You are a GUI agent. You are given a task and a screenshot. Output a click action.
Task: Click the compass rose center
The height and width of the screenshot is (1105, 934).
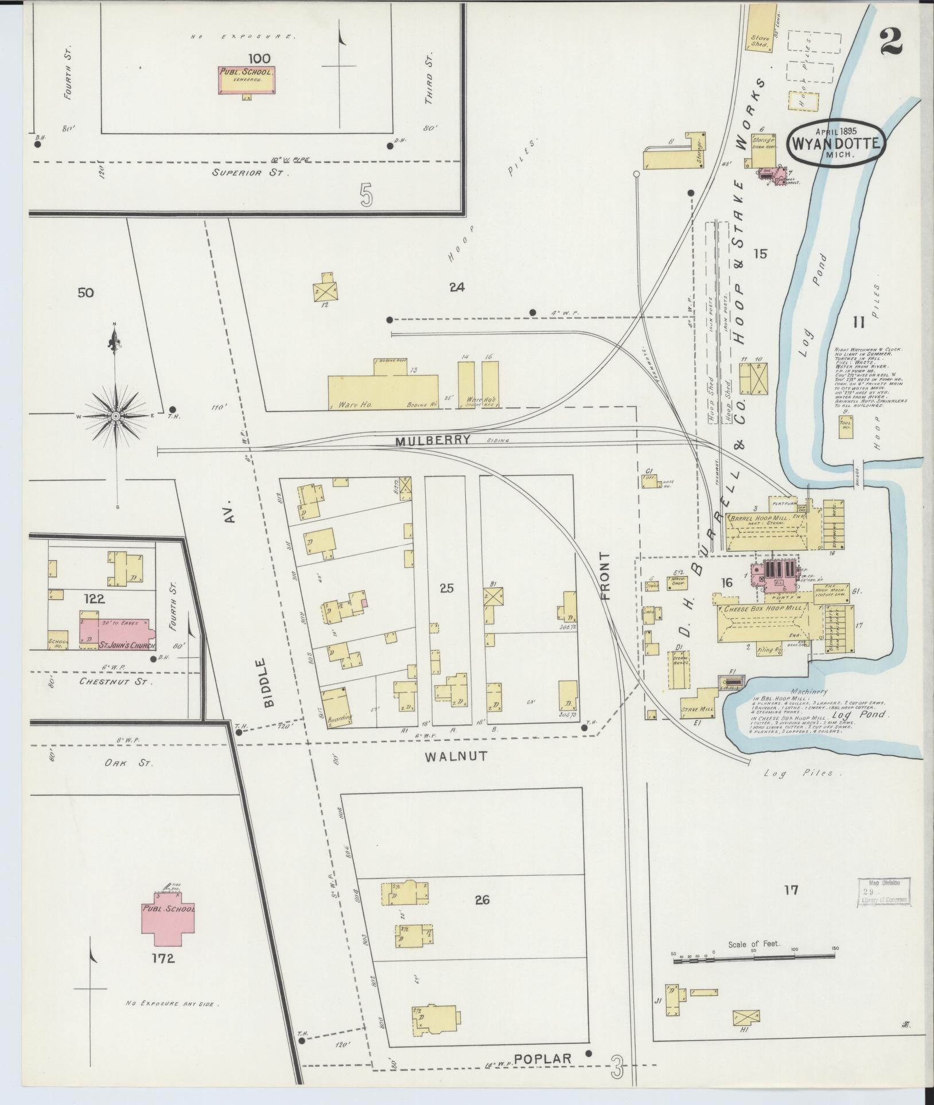coord(115,415)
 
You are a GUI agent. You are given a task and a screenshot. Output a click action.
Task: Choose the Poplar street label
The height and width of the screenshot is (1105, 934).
coord(543,1059)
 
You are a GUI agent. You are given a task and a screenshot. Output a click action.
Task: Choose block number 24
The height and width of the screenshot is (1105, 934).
coord(457,287)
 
